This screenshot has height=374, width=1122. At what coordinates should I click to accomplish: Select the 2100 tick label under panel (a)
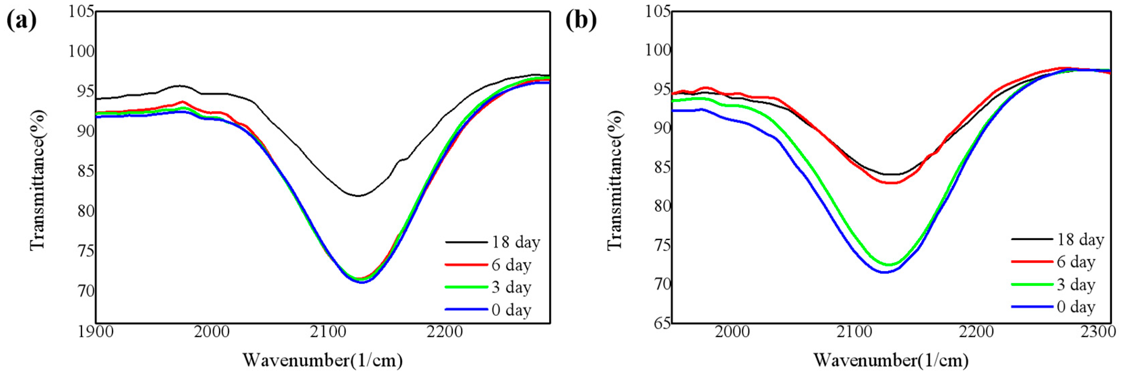point(328,332)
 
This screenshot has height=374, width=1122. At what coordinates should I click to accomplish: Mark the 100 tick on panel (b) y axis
point(658,50)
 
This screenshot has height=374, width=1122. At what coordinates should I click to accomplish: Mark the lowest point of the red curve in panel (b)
point(891,183)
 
